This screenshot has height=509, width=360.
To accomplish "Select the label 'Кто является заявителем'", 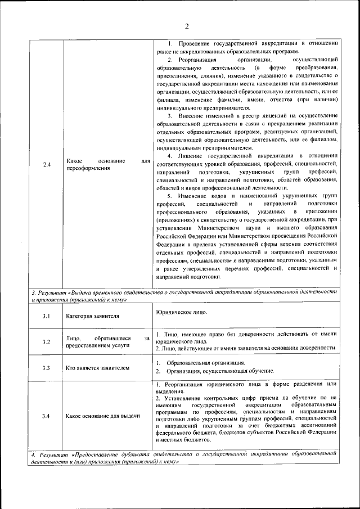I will pos(97,368).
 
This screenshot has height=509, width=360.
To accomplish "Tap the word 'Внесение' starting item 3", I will pos(192,115).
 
